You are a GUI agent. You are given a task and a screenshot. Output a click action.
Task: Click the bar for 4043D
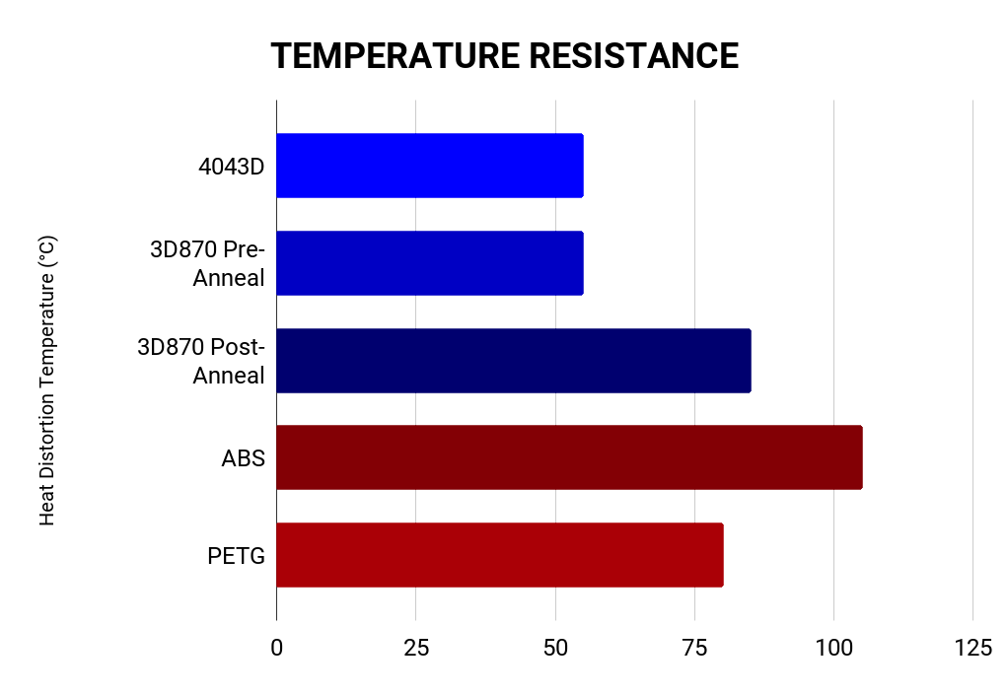point(429,166)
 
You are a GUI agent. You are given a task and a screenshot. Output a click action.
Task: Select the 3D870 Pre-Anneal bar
point(429,263)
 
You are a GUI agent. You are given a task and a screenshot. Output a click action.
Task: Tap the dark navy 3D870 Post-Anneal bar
point(513,360)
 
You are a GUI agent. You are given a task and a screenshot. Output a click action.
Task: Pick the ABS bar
point(569,457)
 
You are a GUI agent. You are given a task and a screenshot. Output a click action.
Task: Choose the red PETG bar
point(499,554)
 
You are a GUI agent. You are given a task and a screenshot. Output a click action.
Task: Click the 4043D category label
point(232,166)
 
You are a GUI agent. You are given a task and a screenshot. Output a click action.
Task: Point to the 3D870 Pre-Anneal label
point(208,263)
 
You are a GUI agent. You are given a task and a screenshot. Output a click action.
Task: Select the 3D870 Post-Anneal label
point(202,360)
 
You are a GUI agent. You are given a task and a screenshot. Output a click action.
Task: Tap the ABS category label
point(244,457)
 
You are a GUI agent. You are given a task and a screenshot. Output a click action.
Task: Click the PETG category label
point(237,555)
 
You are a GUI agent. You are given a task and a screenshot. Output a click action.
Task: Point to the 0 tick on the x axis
point(276,648)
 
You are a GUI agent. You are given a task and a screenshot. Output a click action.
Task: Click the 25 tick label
point(416,648)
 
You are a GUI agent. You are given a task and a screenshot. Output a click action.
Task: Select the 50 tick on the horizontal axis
point(555,648)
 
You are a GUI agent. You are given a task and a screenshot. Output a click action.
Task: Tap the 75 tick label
point(694,648)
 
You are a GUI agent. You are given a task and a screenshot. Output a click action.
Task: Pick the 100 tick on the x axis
point(833,648)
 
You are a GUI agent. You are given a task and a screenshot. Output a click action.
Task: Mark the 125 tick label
point(972,648)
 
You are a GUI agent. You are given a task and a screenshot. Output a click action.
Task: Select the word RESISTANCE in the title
point(634,56)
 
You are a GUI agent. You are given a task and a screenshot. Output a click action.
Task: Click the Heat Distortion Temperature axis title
point(47,380)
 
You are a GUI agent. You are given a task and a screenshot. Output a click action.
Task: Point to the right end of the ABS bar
point(861,457)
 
